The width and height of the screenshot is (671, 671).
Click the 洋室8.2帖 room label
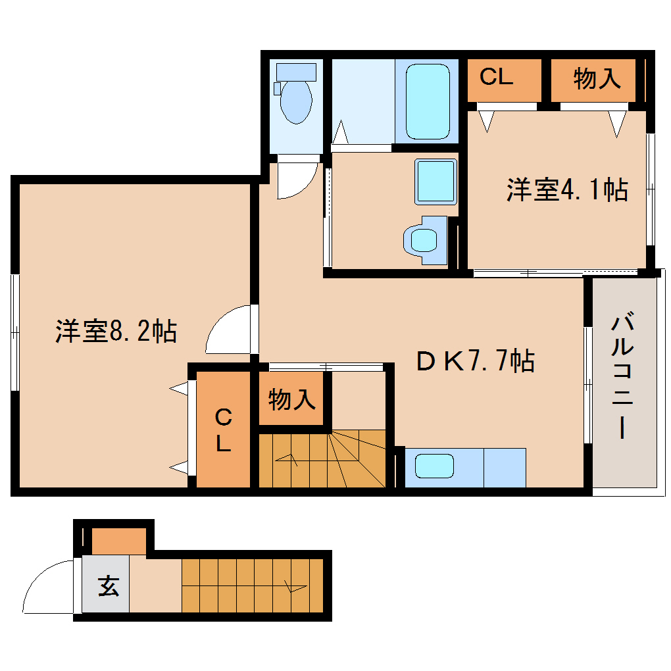click(116, 331)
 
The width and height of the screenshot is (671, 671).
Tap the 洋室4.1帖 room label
click(566, 190)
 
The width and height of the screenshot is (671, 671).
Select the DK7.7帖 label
click(475, 360)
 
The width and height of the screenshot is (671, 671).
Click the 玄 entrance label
click(108, 585)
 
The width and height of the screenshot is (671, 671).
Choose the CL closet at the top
click(496, 78)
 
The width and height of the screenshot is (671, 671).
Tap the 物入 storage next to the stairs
click(291, 399)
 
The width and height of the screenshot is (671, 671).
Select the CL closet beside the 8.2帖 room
click(224, 430)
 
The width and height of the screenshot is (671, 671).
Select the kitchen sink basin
click(434, 467)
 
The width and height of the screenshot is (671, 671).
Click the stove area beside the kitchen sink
click(505, 467)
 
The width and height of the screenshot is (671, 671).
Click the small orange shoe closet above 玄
click(118, 541)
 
